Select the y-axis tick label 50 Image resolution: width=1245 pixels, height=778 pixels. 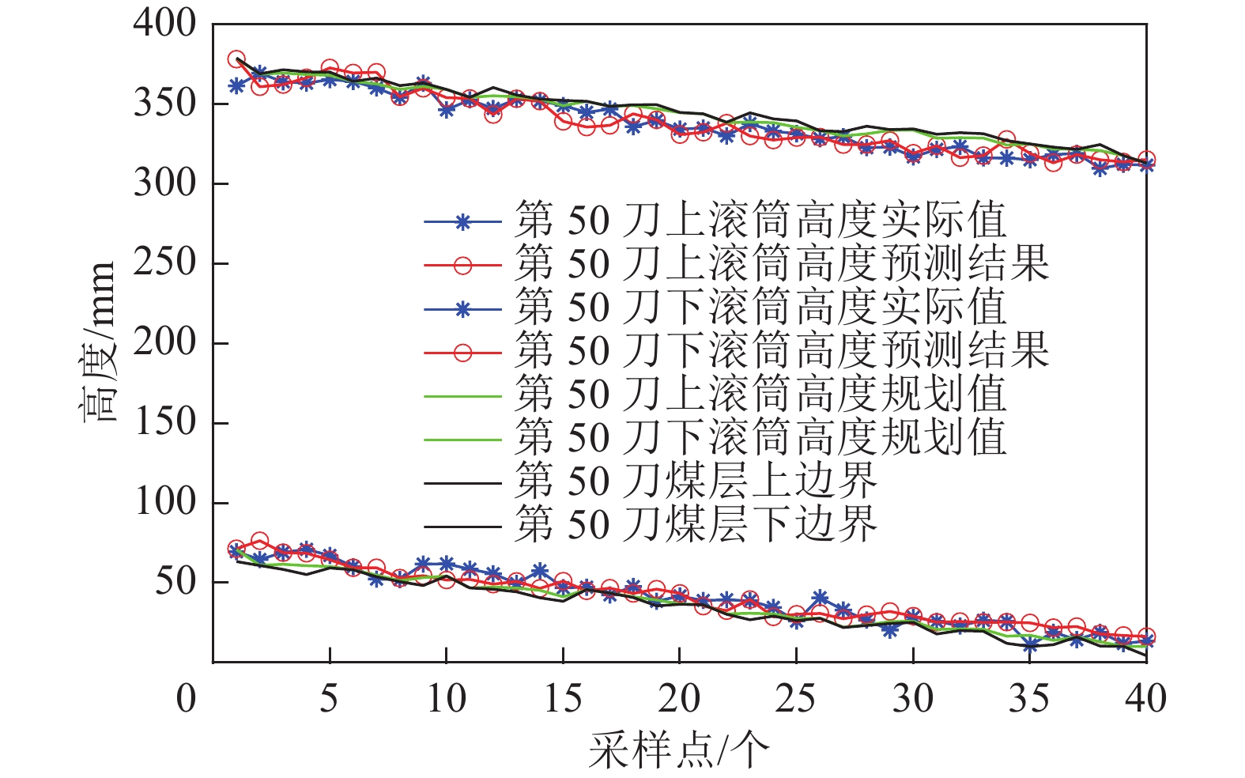[x=175, y=581]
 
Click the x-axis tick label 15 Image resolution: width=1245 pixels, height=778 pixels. [x=562, y=699]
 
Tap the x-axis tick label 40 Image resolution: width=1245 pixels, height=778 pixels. [x=1145, y=699]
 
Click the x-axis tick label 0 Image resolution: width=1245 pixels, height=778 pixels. [x=186, y=699]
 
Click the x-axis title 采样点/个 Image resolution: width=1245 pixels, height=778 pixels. [x=678, y=749]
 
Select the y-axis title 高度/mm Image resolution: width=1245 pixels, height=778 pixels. [x=100, y=342]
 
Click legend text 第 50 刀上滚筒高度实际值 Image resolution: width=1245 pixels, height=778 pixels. [x=760, y=221]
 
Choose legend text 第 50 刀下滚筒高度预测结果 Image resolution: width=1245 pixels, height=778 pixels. [x=781, y=350]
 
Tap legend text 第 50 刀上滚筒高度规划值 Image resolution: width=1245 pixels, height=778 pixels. [x=760, y=394]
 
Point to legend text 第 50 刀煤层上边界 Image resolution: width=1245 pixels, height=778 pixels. [x=696, y=480]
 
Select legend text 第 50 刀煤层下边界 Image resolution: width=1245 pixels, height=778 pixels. [x=696, y=523]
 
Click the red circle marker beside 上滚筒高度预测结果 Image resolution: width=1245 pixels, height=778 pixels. [x=462, y=266]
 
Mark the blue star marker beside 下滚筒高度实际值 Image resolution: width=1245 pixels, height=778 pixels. [x=462, y=309]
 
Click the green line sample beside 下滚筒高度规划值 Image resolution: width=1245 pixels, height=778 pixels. [x=462, y=440]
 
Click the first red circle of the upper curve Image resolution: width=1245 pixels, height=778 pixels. [x=236, y=59]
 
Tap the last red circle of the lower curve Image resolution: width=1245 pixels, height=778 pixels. [x=1146, y=636]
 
